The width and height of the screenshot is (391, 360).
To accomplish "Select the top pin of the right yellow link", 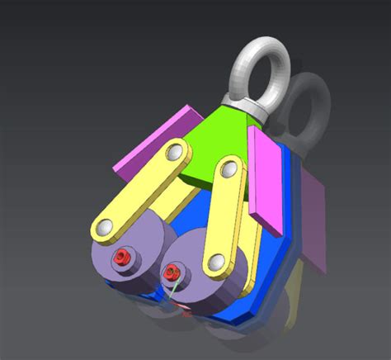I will coord(228,172).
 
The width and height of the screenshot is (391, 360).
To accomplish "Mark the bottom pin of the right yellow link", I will coord(216,263).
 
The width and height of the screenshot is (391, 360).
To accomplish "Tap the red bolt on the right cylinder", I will coord(172,271).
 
